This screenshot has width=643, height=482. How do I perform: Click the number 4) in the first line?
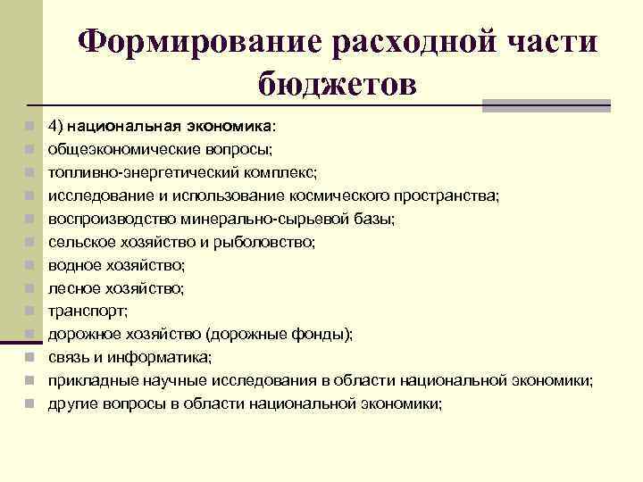[57, 126]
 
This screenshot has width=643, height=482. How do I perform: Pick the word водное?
[71, 264]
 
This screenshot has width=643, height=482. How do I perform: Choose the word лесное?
[71, 287]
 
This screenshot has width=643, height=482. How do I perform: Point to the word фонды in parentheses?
[324, 334]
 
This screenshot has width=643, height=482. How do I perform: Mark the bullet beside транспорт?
[30, 312]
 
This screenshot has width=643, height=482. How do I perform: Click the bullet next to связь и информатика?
[30, 358]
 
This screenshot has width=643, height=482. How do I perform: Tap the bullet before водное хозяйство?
[30, 265]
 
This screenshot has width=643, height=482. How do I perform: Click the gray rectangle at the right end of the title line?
[546, 105]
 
